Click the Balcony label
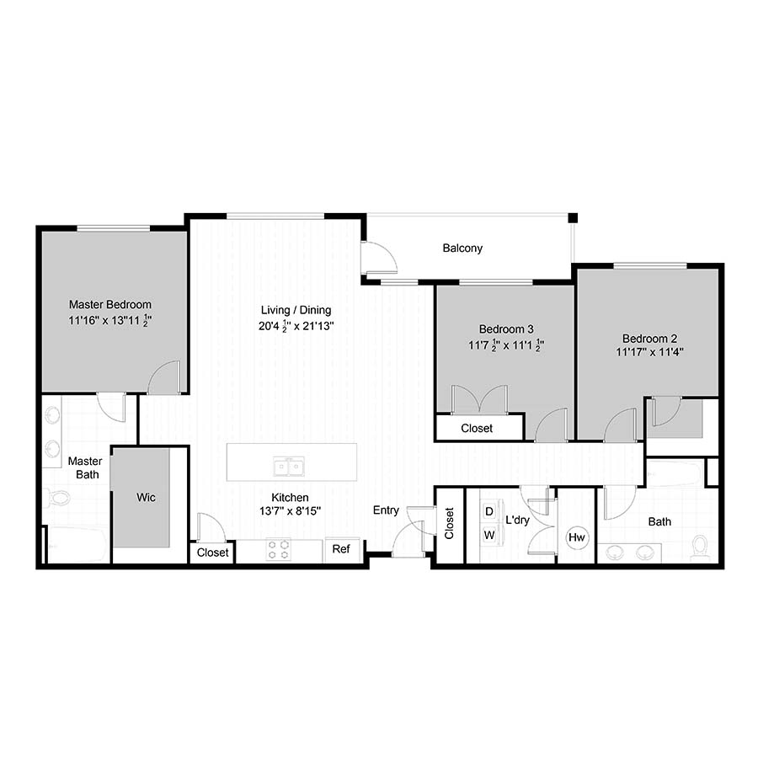[462, 248]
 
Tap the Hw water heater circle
[577, 537]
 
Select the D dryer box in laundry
[489, 511]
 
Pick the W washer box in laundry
[489, 535]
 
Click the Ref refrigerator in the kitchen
[341, 550]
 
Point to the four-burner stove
[279, 550]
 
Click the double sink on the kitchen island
[289, 467]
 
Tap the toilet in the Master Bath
[57, 497]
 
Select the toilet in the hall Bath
[699, 547]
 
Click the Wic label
[146, 498]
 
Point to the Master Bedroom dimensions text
[110, 320]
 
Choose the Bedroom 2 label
[649, 339]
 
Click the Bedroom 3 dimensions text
[506, 345]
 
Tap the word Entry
[386, 510]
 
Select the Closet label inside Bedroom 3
[477, 429]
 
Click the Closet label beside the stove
[213, 552]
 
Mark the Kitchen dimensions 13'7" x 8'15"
[290, 511]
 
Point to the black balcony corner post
[573, 218]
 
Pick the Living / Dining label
[296, 310]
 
